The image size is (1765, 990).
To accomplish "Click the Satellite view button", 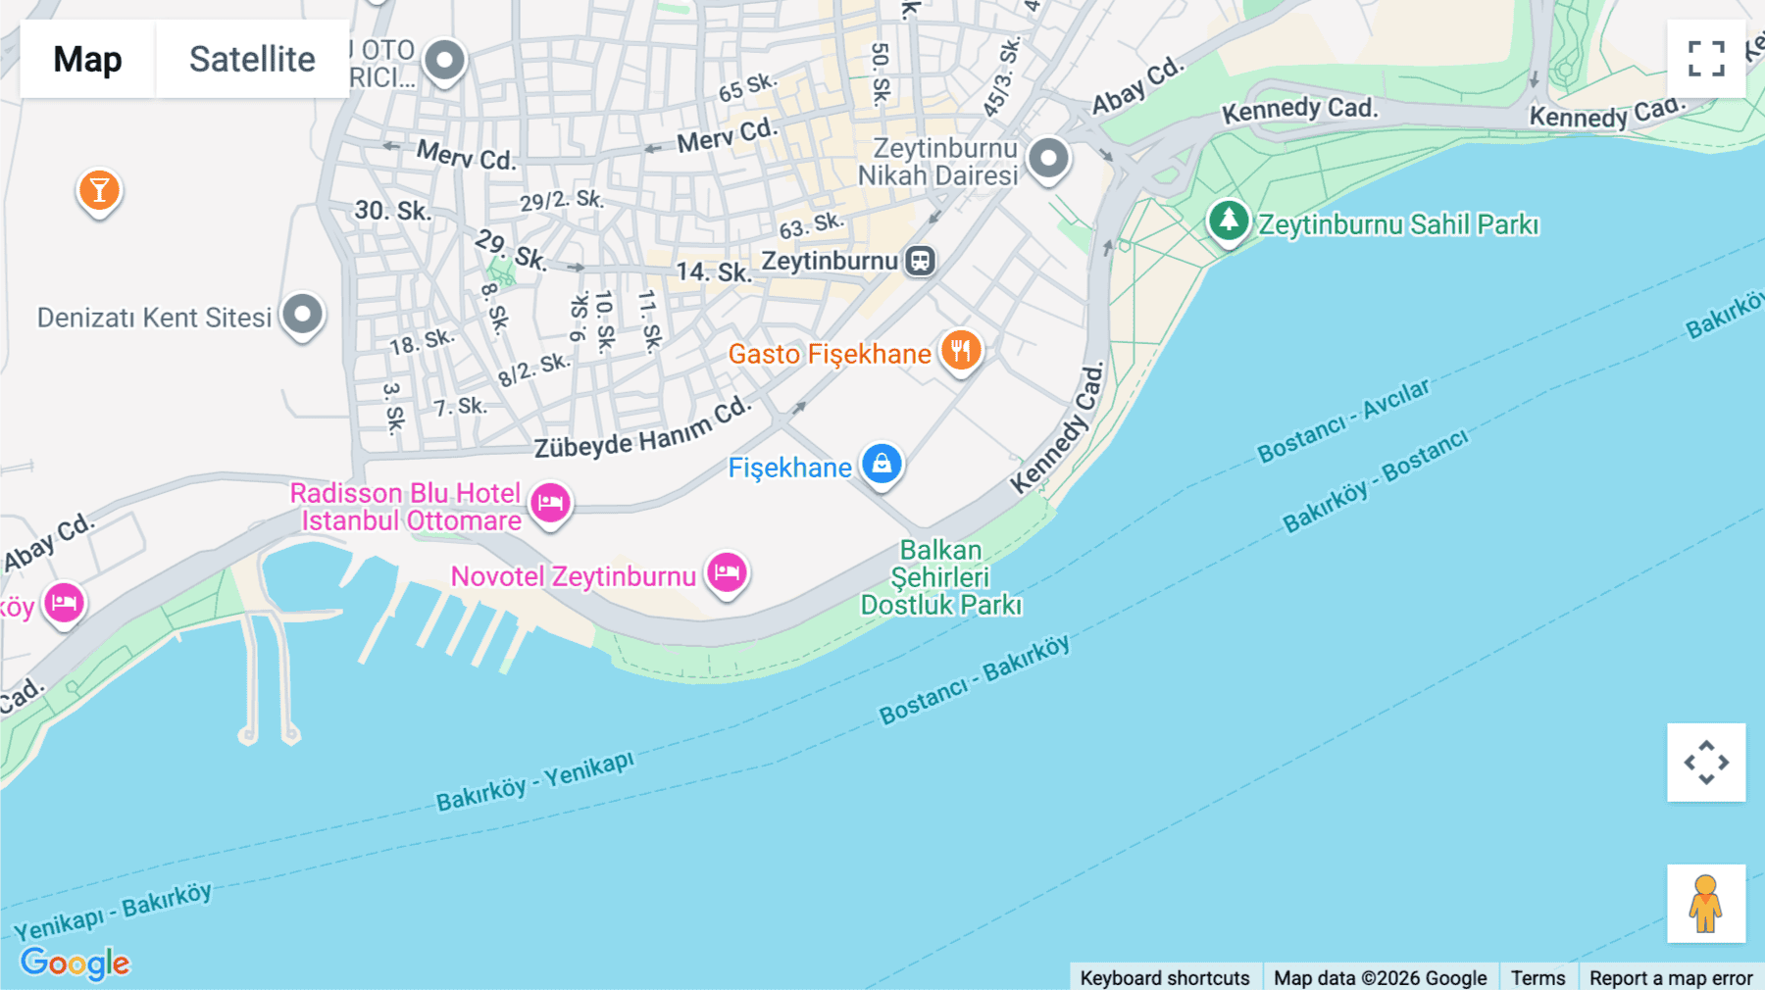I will click(252, 59).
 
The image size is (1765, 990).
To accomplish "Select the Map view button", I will click(87, 59).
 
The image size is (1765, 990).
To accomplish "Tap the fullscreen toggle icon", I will click(1706, 59).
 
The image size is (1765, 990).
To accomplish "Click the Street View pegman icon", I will click(1706, 903).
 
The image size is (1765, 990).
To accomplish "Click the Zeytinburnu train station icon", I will click(920, 261).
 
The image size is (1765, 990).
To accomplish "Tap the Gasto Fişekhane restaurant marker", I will click(961, 350).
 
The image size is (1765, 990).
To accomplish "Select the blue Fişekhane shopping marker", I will click(882, 464).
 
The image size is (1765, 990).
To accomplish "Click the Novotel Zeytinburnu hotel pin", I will click(727, 571).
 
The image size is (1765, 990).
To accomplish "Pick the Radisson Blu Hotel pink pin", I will click(550, 503).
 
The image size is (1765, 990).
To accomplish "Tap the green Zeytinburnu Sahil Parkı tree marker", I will click(1228, 221).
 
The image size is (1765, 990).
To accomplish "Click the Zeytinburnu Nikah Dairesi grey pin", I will click(1048, 158).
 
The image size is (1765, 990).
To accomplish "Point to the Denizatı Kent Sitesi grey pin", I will click(302, 315).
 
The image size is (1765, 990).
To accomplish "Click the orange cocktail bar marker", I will click(99, 190).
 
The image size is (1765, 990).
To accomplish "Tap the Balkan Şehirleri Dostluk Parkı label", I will click(940, 577).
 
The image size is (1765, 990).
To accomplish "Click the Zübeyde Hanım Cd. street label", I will click(642, 429).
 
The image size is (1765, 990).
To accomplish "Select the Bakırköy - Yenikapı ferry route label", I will click(534, 782).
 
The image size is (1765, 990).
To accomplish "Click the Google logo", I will click(75, 963).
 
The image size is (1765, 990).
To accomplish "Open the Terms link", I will click(1538, 977).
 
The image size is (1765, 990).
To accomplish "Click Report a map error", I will click(1670, 977).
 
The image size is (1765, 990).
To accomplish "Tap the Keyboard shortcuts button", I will click(1164, 977).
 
